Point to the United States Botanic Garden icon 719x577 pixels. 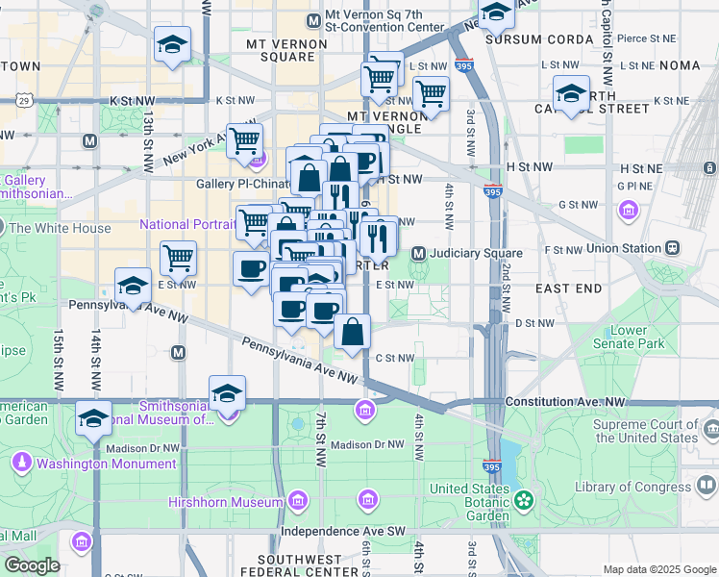[x=523, y=499]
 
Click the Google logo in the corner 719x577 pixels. [x=32, y=565]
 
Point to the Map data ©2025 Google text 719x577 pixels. [x=659, y=569]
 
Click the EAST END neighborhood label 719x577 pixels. [x=568, y=288]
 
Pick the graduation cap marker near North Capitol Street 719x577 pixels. [x=571, y=93]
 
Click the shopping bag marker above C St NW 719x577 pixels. [x=353, y=332]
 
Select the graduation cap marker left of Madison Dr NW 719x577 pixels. [x=93, y=417]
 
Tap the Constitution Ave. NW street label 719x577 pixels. [x=567, y=401]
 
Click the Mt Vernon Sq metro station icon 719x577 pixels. [x=312, y=21]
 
